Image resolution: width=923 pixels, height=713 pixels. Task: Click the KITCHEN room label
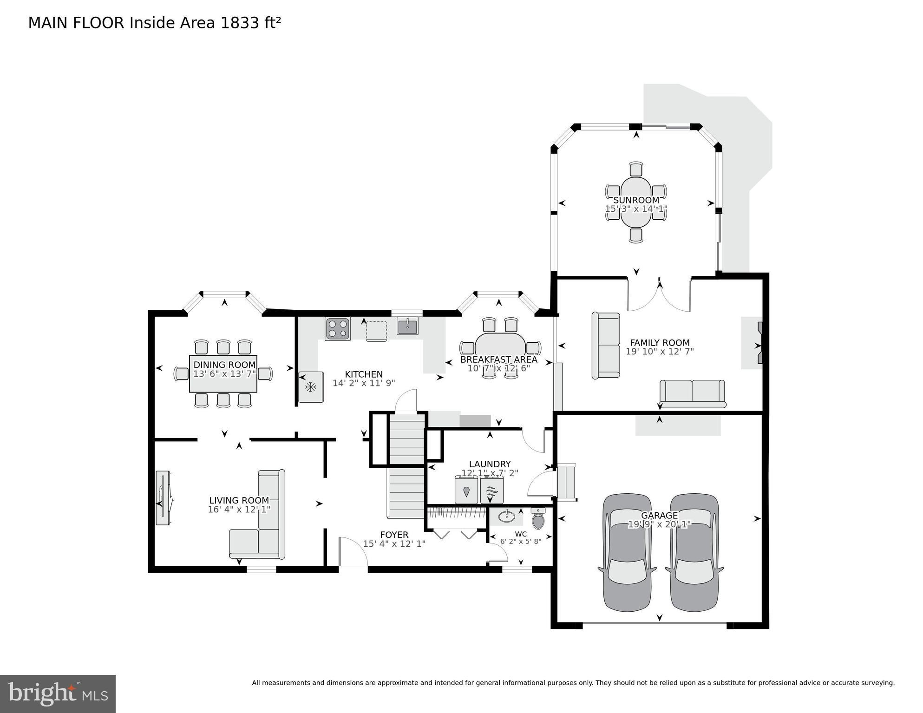364,374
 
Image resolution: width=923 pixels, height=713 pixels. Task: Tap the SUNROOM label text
636,200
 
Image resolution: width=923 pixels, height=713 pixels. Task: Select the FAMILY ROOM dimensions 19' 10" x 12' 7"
660,352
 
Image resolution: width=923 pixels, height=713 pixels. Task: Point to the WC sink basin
506,516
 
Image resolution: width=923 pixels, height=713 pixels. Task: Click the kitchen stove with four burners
338,329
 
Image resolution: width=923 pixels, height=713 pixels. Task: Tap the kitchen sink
407,326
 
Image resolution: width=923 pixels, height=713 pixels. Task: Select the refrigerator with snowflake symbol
311,387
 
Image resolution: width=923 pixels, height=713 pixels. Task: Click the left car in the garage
627,552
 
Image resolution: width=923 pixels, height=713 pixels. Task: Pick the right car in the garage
694,552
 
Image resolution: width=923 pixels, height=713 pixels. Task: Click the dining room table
223,374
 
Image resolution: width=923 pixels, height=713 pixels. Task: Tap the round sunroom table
636,202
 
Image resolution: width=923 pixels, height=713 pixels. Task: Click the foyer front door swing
353,551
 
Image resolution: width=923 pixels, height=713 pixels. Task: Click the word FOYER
394,535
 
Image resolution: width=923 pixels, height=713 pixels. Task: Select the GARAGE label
659,516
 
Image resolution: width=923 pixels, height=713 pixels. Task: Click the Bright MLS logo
58,694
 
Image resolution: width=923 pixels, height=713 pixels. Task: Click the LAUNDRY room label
490,464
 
